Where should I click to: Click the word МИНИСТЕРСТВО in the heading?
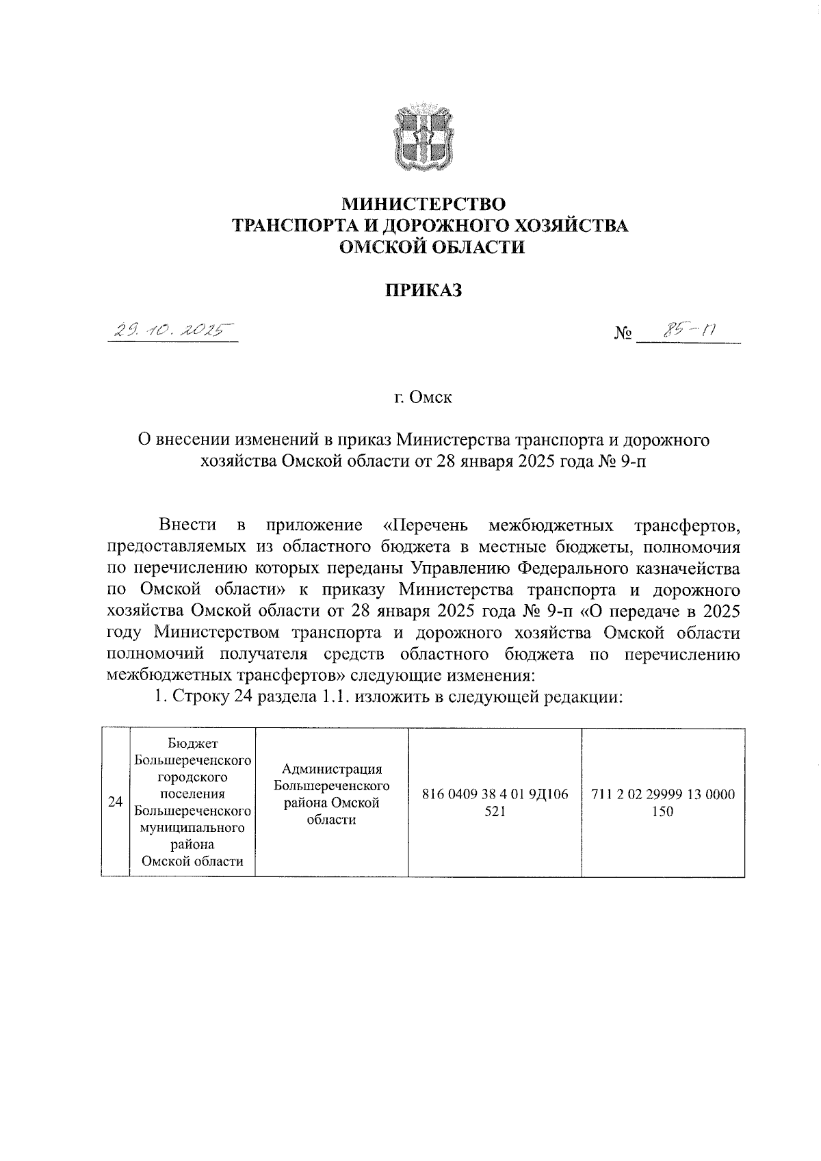pyautogui.click(x=423, y=204)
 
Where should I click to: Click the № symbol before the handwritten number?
pyautogui.click(x=623, y=335)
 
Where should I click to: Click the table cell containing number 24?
pyautogui.click(x=116, y=802)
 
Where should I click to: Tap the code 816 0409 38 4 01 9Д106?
pyautogui.click(x=495, y=795)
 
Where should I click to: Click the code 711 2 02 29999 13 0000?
pyautogui.click(x=663, y=795)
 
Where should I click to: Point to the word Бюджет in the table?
pyautogui.click(x=192, y=744)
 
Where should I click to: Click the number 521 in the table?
pyautogui.click(x=495, y=811)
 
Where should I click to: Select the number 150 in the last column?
pyautogui.click(x=663, y=811)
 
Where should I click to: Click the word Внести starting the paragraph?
pyautogui.click(x=187, y=525)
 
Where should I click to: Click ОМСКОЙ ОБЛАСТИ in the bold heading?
pyautogui.click(x=433, y=247)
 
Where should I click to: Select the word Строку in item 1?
pyautogui.click(x=199, y=697)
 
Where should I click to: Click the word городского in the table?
pyautogui.click(x=192, y=777)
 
